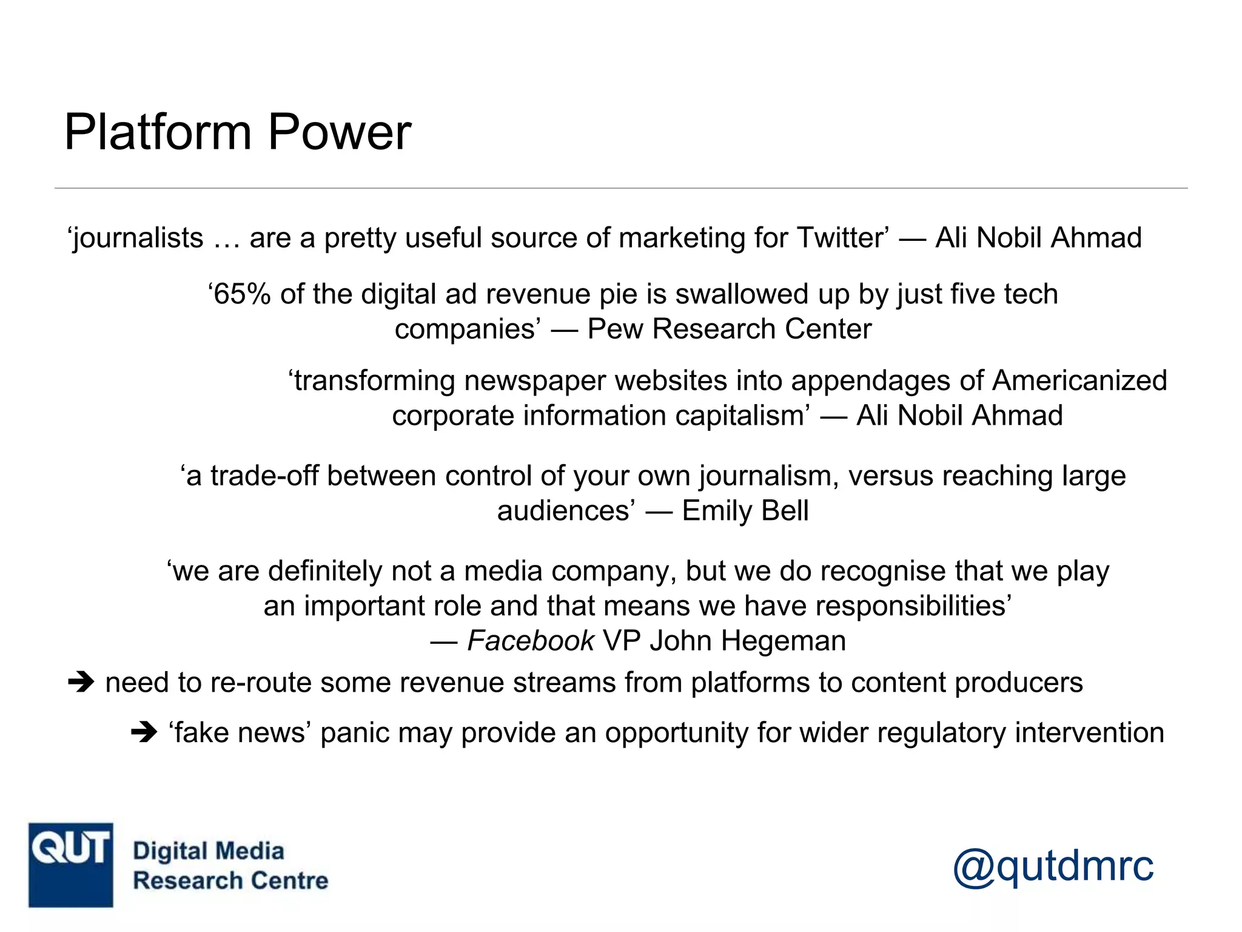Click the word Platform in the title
158,132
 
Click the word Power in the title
339,132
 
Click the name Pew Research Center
729,329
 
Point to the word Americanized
1079,381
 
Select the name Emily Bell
745,511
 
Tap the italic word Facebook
531,641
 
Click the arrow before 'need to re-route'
81,683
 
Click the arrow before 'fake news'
144,733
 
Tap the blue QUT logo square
70,865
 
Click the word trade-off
264,476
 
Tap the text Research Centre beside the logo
230,880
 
